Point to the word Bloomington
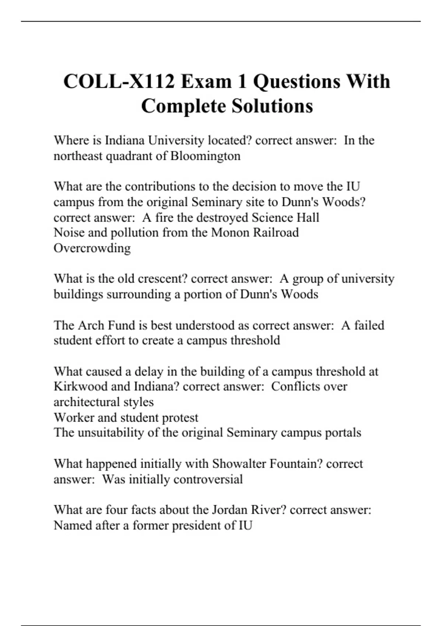pyautogui.click(x=205, y=156)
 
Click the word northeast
pyautogui.click(x=78, y=156)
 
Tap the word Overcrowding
pyautogui.click(x=92, y=248)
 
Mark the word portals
pyautogui.click(x=343, y=432)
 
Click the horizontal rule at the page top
pyautogui.click(x=221, y=21)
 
